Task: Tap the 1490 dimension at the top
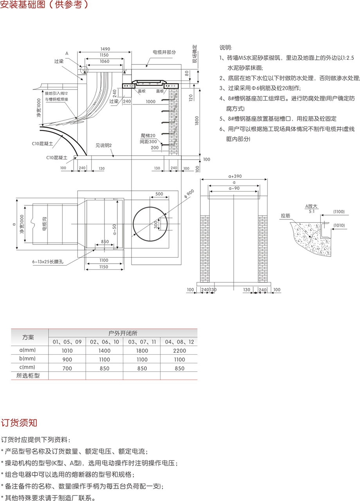coord(105,49)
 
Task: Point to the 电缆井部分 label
coord(164,52)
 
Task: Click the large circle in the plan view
coord(151,225)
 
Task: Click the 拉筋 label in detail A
coord(285,215)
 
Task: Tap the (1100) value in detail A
coord(338,212)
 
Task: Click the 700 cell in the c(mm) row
coord(67,368)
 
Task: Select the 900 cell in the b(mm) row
coord(67,359)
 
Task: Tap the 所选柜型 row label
coord(28,376)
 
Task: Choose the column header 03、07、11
coord(142,342)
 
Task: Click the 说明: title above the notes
coord(225,48)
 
